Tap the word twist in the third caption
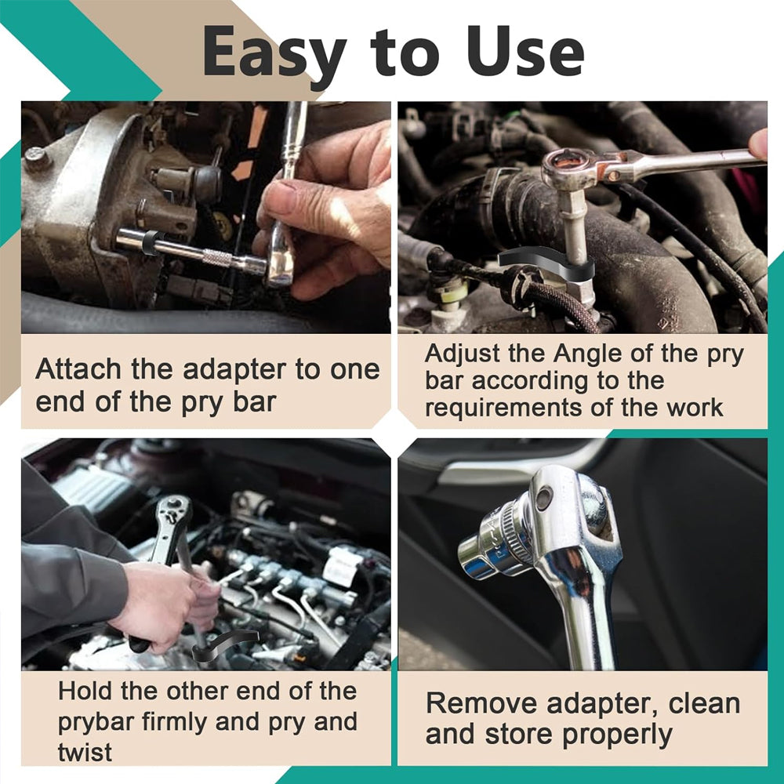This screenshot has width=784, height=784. pos(85,753)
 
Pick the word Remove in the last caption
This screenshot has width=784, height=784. pos(482,703)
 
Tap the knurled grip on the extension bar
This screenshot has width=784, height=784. pos(218,257)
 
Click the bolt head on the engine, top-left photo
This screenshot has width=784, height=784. pos(38,158)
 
